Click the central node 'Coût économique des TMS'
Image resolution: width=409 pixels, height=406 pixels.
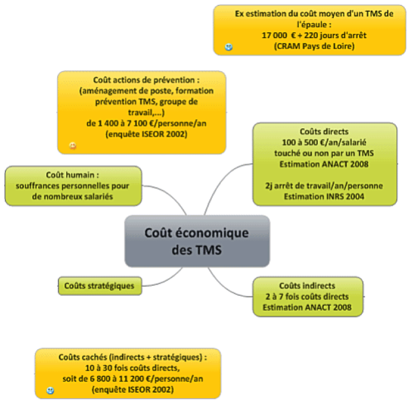[197, 241]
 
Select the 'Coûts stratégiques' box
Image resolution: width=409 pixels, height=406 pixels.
[99, 286]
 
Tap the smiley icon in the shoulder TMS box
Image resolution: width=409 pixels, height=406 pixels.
[229, 47]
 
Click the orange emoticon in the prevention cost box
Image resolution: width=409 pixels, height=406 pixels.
[73, 146]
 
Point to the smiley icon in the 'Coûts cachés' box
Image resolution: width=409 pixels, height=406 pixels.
[50, 391]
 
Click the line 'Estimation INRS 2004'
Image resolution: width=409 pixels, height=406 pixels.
[324, 197]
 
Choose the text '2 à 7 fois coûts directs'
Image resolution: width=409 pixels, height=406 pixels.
[307, 296]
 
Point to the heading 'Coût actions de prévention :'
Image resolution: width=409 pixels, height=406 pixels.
[146, 80]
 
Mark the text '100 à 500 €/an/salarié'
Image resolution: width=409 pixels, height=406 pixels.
[324, 143]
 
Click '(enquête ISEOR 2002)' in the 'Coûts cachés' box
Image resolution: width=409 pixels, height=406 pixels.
[132, 390]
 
